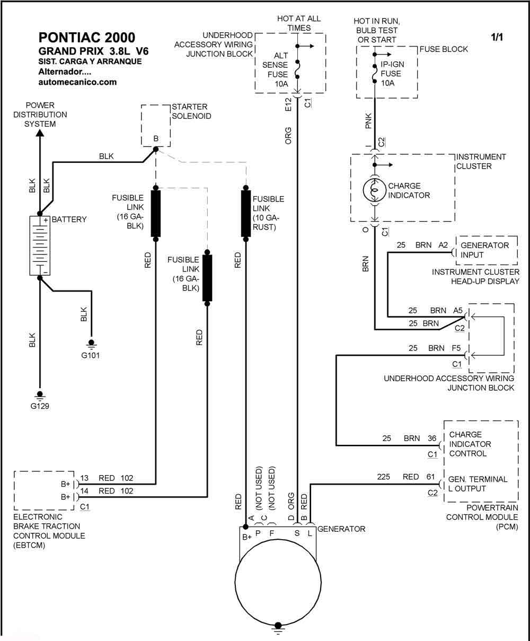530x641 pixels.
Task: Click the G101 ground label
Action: click(90, 355)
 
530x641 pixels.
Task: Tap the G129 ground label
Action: click(40, 406)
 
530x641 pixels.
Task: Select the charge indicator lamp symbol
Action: click(374, 190)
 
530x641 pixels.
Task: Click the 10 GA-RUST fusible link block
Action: click(245, 214)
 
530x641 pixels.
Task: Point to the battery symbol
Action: click(40, 245)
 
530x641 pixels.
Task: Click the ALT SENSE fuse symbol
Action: click(297, 69)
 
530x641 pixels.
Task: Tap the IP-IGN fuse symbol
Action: click(374, 74)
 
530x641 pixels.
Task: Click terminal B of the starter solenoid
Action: click(156, 149)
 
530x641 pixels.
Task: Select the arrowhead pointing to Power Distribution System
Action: click(40, 133)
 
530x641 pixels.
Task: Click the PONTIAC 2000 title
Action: click(87, 38)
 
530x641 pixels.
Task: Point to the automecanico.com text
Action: click(77, 82)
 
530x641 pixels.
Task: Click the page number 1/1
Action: click(497, 37)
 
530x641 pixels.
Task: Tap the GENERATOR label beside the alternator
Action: click(341, 529)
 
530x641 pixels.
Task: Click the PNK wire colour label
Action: click(368, 121)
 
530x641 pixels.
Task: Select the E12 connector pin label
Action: click(288, 104)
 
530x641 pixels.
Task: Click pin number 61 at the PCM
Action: click(430, 477)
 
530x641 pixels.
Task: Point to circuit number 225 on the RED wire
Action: click(383, 477)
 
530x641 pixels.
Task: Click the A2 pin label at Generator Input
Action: click(443, 245)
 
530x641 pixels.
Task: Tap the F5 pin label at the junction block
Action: click(456, 348)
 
